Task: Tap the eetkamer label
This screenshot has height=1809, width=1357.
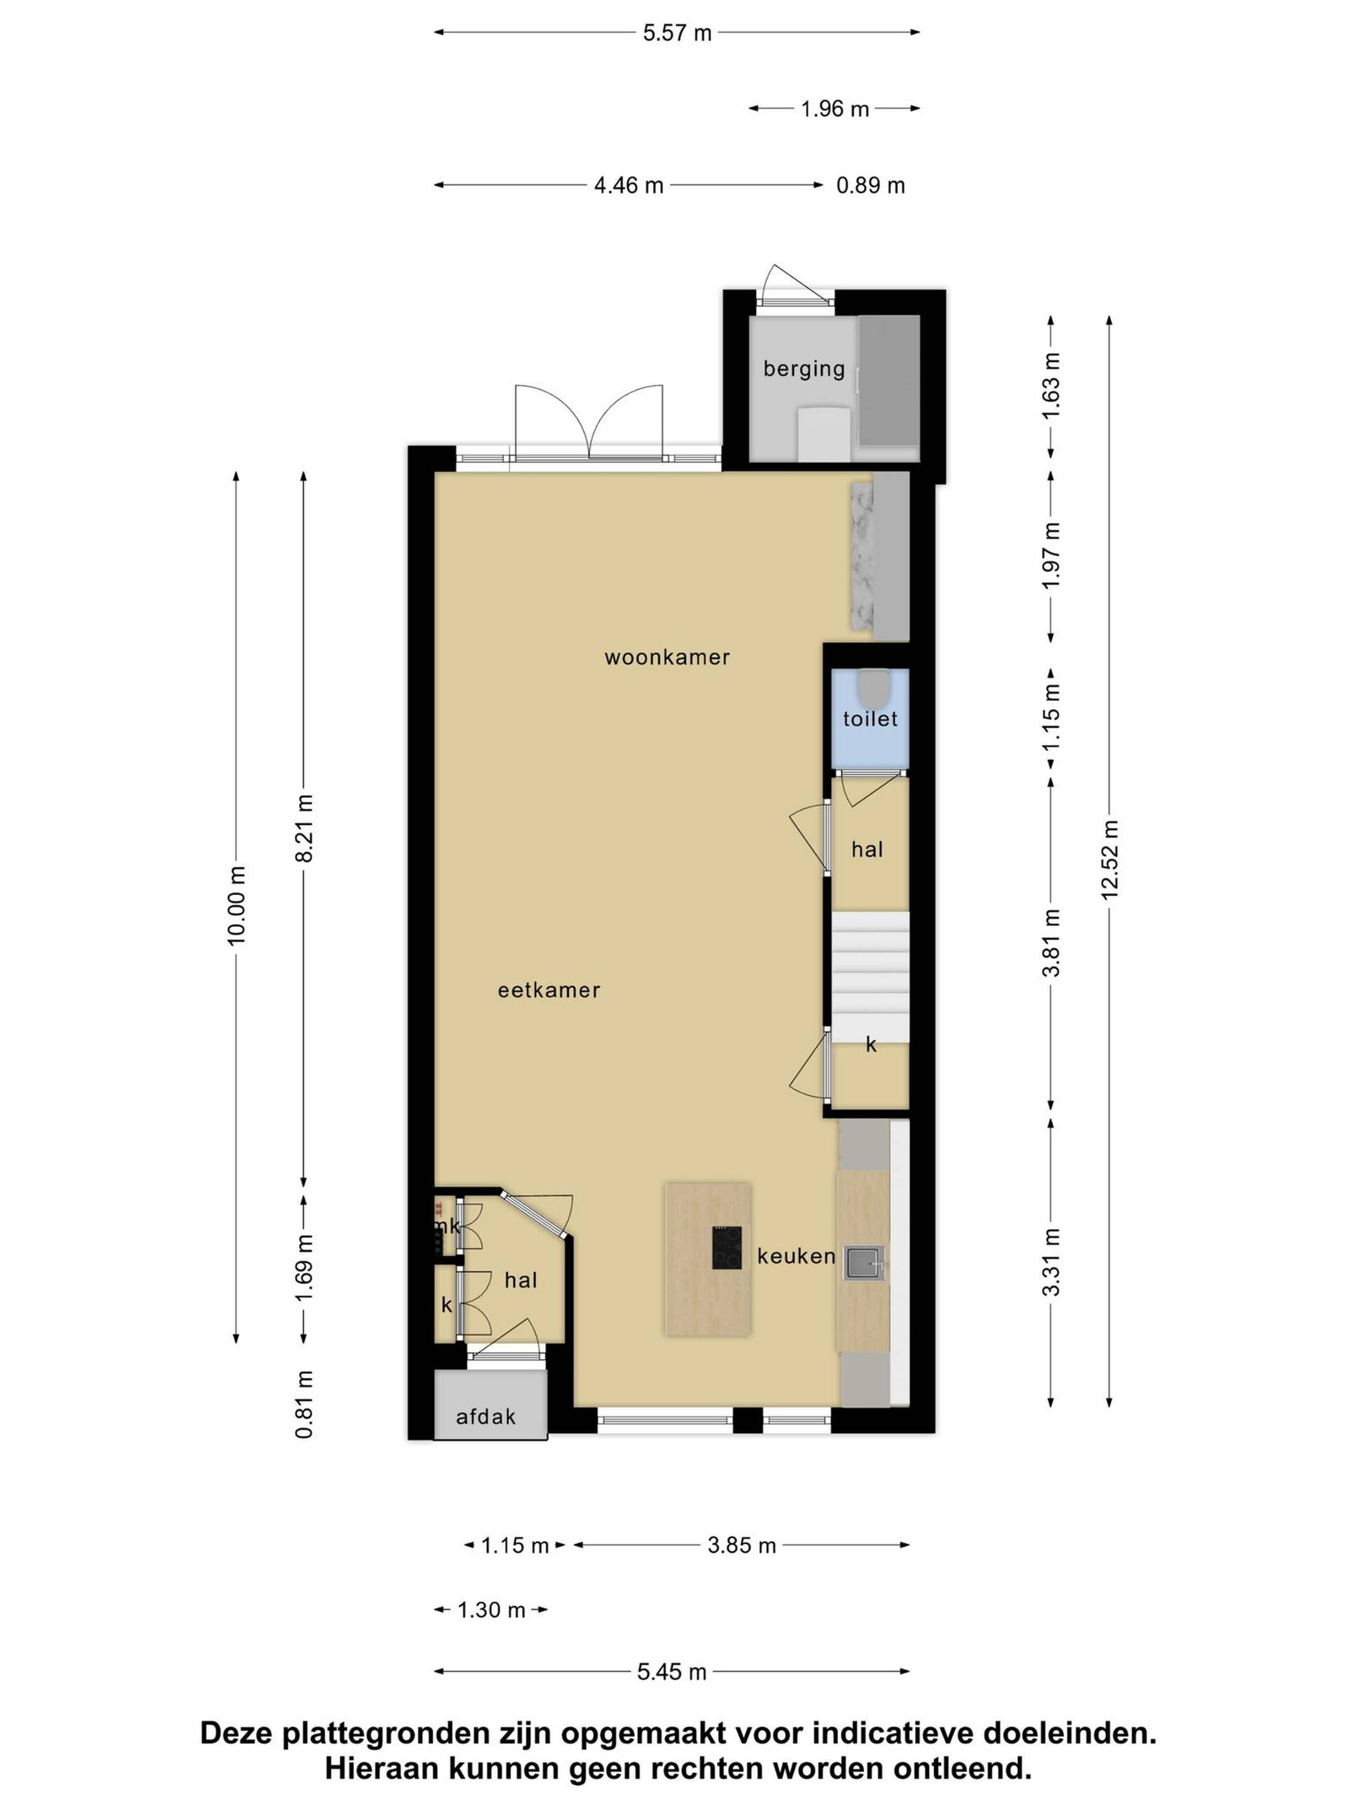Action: [x=549, y=990]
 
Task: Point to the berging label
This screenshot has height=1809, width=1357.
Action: [x=804, y=369]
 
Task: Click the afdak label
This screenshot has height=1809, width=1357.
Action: [x=486, y=1416]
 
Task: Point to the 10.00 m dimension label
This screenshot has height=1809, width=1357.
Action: [x=236, y=905]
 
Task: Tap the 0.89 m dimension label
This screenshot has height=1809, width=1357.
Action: [x=870, y=185]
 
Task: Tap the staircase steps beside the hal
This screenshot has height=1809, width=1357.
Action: [x=870, y=977]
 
